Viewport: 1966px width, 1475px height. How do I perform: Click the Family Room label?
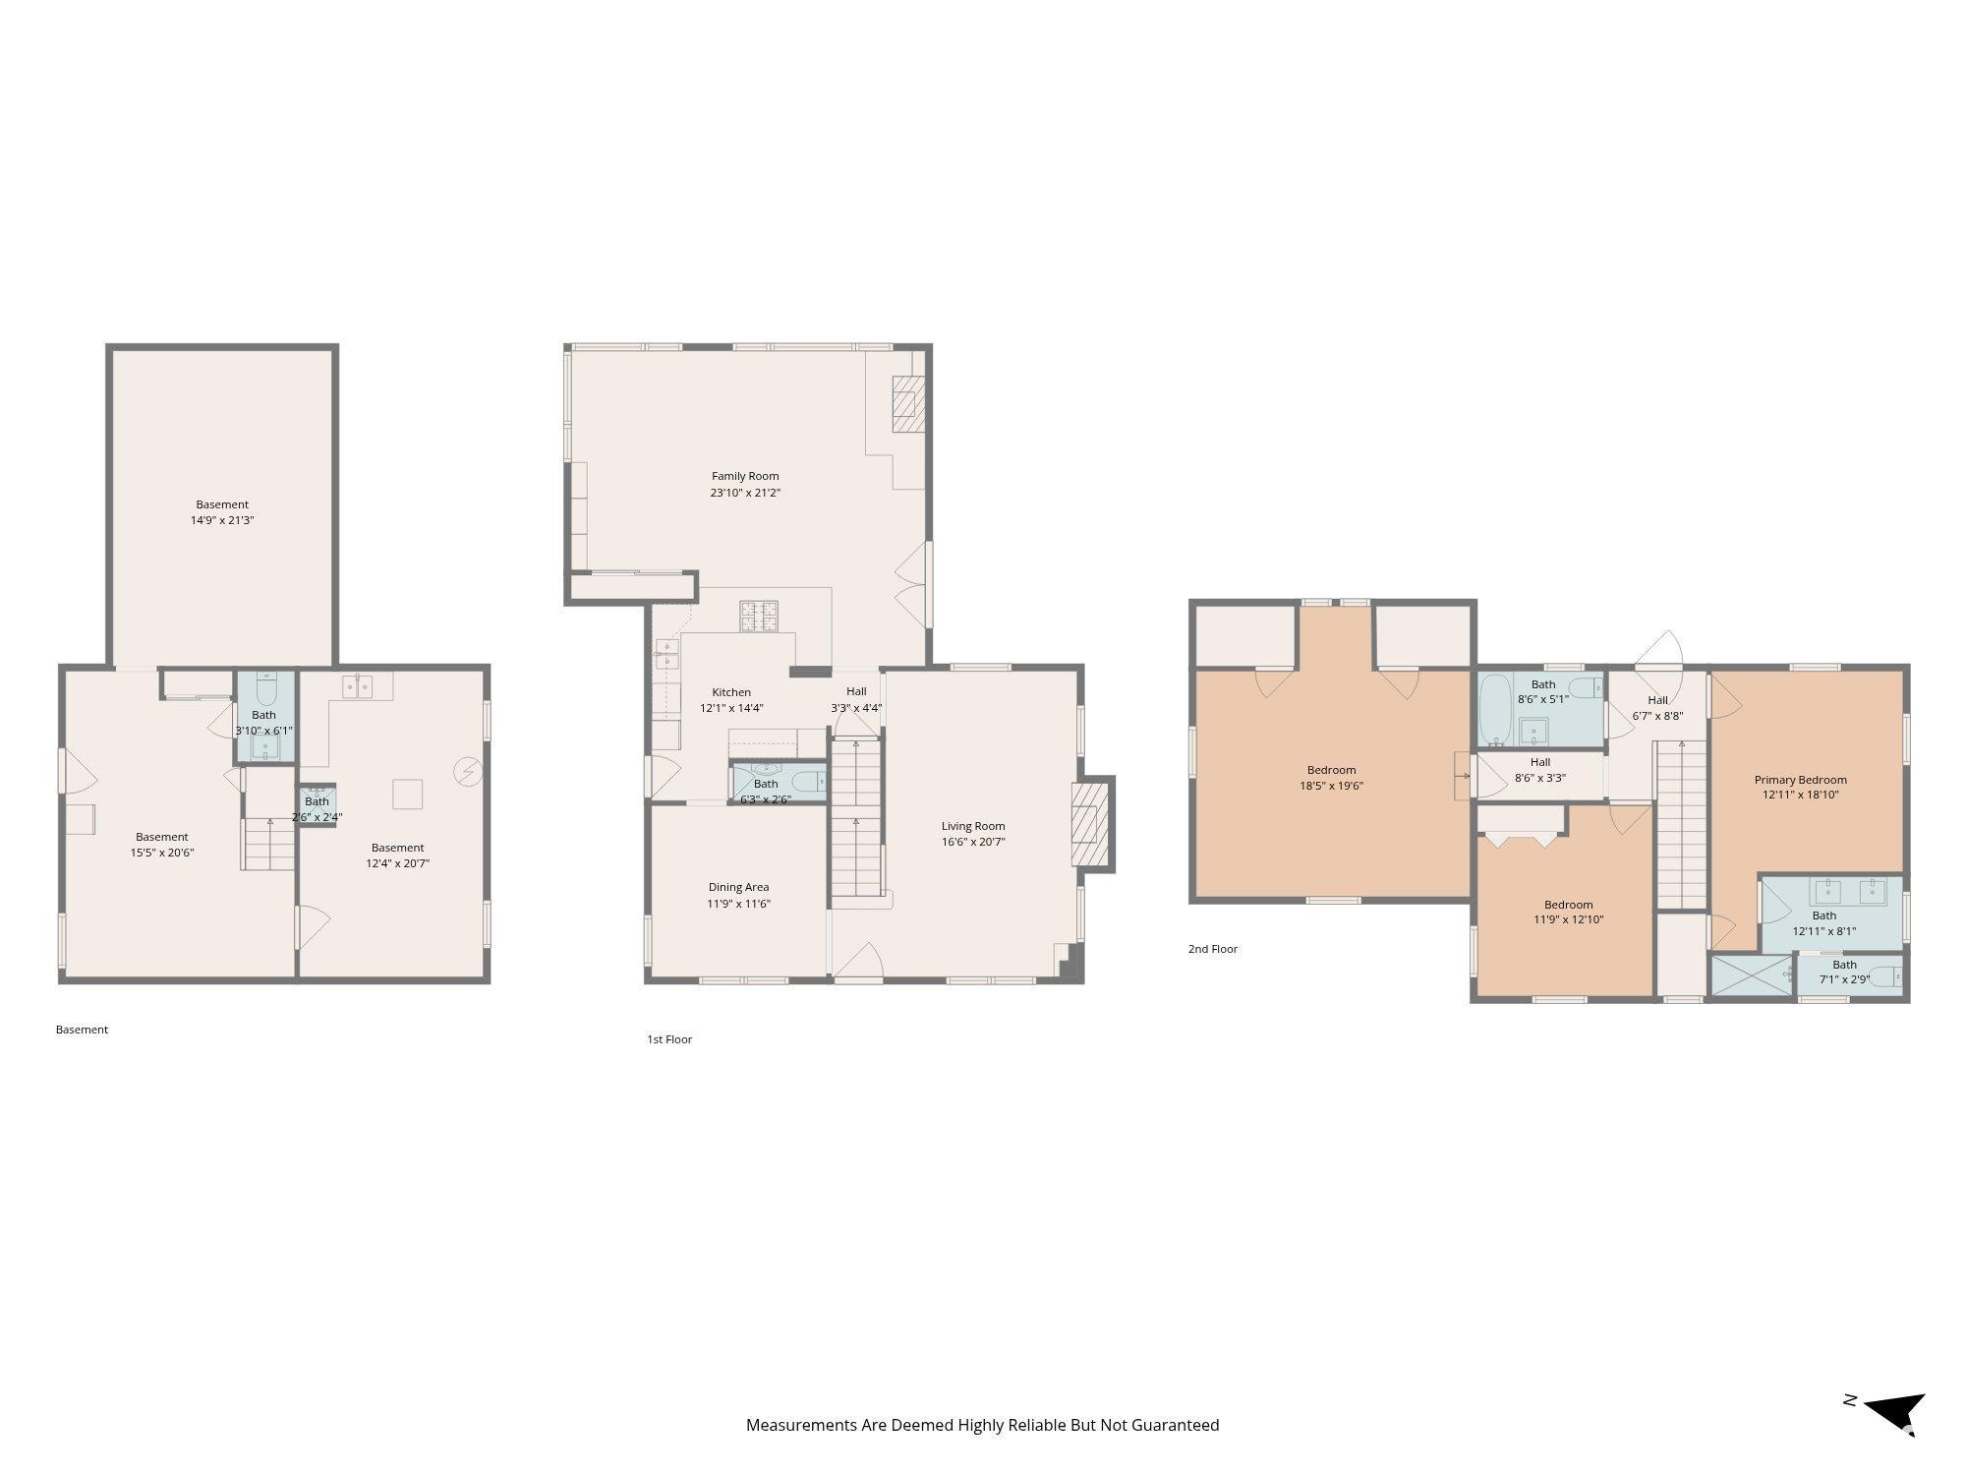745,476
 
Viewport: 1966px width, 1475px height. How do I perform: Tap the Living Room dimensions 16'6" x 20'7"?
973,842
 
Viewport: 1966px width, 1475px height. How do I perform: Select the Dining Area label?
738,887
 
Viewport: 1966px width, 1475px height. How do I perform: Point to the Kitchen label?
731,692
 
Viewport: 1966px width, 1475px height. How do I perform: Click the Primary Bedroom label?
1801,780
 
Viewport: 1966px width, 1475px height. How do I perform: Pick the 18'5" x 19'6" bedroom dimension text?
1332,786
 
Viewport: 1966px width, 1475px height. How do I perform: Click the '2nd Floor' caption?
1213,949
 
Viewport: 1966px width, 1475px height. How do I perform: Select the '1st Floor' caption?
669,1039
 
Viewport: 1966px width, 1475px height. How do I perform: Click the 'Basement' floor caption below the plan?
82,1030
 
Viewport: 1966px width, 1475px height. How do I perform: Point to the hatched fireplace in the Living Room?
1090,822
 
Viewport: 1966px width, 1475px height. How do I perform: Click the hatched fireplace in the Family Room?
908,403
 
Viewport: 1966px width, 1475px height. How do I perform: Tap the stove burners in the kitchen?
759,617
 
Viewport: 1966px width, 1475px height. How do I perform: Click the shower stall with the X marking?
1753,975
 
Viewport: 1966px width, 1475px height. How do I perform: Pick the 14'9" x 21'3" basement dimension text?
222,520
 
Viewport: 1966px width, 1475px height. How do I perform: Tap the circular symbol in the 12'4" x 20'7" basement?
467,772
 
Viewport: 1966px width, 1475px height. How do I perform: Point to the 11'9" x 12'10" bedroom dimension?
1568,920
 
